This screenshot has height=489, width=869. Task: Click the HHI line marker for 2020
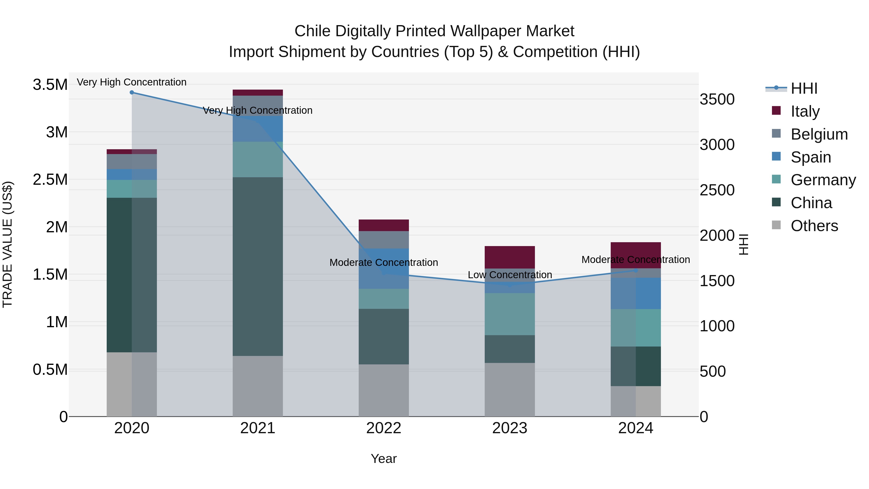pos(132,92)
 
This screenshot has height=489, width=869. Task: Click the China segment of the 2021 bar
pos(258,266)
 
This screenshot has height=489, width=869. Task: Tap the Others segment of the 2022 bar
pos(384,390)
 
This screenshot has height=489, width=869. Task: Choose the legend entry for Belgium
pos(819,134)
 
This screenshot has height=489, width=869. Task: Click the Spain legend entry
pos(810,157)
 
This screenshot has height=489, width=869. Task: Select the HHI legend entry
pos(804,88)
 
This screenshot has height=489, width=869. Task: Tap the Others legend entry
pos(814,226)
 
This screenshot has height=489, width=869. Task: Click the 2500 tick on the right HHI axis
pos(717,190)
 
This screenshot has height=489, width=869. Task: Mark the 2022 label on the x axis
pos(384,428)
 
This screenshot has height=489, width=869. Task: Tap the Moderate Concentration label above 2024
pos(636,260)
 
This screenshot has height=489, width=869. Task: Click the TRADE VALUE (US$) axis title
pos(7,244)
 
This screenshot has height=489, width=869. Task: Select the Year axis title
pos(384,459)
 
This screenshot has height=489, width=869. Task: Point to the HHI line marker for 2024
pos(636,270)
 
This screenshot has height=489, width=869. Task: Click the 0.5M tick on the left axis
pos(50,369)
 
